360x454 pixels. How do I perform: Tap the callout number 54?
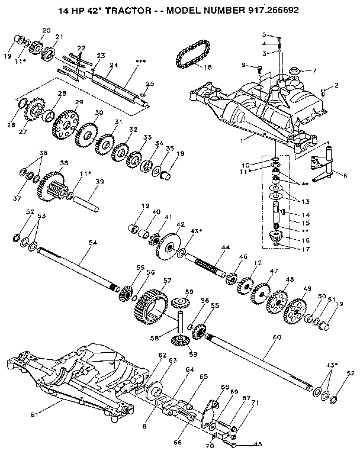pyautogui.click(x=92, y=243)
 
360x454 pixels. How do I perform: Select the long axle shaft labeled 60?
pyautogui.click(x=259, y=361)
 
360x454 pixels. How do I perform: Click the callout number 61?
pyautogui.click(x=35, y=415)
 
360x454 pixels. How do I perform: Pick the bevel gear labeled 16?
pyautogui.click(x=277, y=237)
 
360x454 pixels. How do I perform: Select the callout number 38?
pyautogui.click(x=64, y=163)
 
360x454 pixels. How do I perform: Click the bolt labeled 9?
pyautogui.click(x=259, y=69)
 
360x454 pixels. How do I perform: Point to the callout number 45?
pyautogui.click(x=257, y=444)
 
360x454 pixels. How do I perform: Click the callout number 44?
pyautogui.click(x=226, y=247)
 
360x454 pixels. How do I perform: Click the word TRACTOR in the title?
pyautogui.click(x=128, y=11)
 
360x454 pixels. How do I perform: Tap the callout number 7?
pyautogui.click(x=314, y=70)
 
